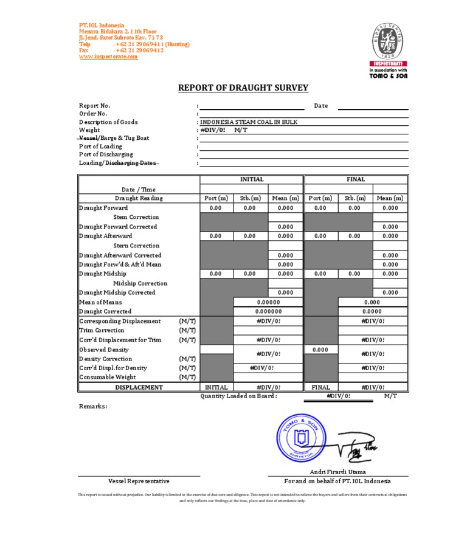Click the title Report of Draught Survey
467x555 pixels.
(243, 88)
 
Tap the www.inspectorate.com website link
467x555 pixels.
(108, 57)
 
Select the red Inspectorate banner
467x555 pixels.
(389, 63)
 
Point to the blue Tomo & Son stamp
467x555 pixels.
(298, 435)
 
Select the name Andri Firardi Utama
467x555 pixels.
(337, 472)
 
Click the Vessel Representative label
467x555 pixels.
(139, 481)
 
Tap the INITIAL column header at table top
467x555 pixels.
(252, 179)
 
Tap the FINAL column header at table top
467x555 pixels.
(356, 179)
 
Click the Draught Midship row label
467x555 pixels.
(103, 274)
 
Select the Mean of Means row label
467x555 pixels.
(101, 302)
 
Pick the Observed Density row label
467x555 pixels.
(104, 350)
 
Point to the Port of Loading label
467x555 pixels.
(100, 147)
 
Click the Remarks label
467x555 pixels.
(93, 405)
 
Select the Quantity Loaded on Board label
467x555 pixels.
(239, 396)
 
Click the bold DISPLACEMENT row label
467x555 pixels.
(139, 387)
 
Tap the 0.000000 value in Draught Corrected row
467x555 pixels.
(268, 311)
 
